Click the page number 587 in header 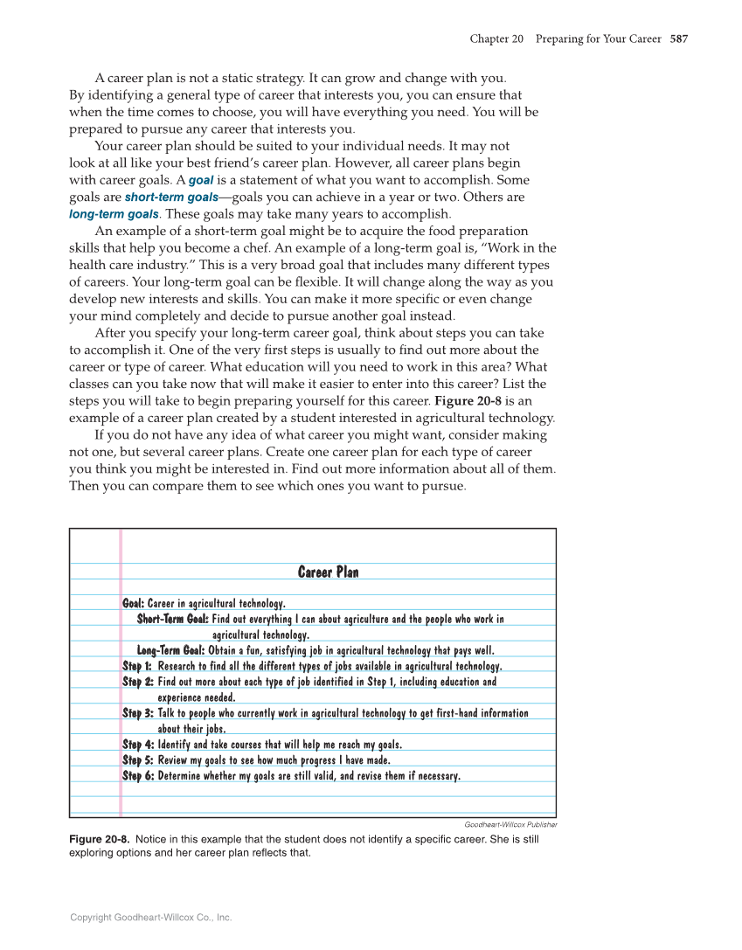(x=679, y=39)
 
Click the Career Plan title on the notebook (x=328, y=572)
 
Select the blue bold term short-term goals (x=171, y=198)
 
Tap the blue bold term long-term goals (x=114, y=214)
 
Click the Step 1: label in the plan (x=137, y=666)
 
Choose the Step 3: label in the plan (x=137, y=713)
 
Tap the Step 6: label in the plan (x=137, y=776)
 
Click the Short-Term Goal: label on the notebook (x=173, y=619)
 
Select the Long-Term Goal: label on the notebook (x=170, y=650)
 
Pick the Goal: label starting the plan (x=133, y=603)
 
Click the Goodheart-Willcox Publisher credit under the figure (x=510, y=824)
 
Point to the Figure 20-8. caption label (x=100, y=839)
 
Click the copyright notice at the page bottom (x=151, y=918)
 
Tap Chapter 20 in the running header (x=496, y=39)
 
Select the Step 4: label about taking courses (x=137, y=745)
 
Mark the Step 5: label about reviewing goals (x=137, y=760)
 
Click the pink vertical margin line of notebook (x=121, y=673)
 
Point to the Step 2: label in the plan (x=137, y=682)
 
